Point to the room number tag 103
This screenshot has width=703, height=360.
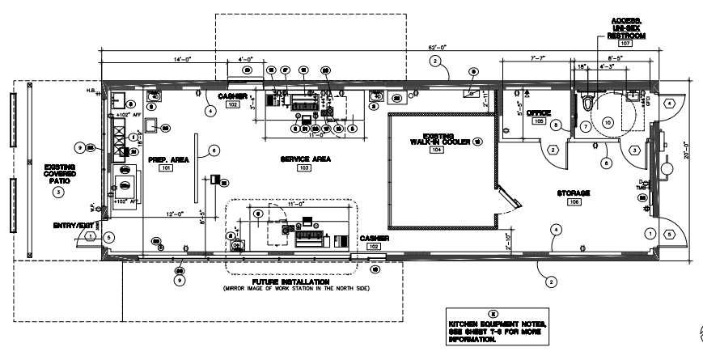(304, 169)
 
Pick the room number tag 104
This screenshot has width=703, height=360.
(437, 151)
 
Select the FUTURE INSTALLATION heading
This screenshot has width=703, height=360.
(297, 281)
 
